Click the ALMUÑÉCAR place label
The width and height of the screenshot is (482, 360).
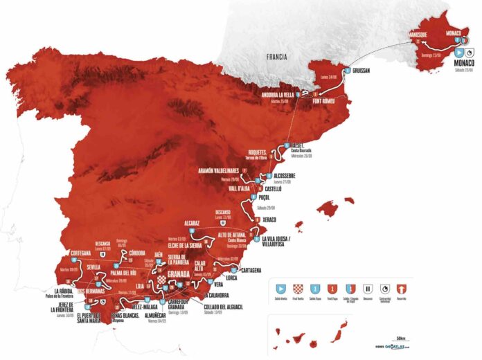166,314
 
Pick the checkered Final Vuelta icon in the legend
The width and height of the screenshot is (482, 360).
301,287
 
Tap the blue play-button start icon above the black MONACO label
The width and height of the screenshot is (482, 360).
458,52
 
